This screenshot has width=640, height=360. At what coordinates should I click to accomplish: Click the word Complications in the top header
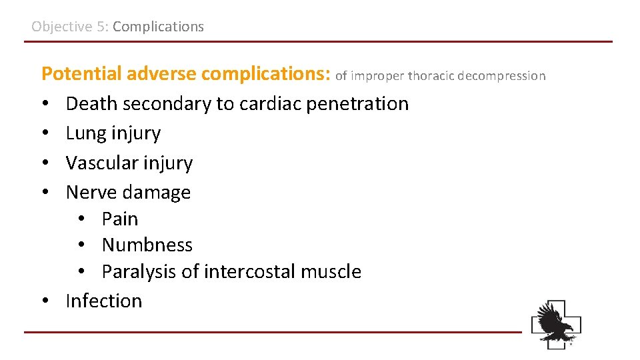pyautogui.click(x=158, y=27)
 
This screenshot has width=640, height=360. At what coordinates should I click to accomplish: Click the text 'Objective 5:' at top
pyautogui.click(x=70, y=27)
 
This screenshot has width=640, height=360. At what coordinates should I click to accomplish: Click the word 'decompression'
pyautogui.click(x=501, y=76)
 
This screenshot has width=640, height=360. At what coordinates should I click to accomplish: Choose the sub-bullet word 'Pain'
pyautogui.click(x=120, y=219)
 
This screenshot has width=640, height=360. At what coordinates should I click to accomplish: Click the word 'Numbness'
pyautogui.click(x=147, y=245)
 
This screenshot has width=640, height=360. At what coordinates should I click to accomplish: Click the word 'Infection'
pyautogui.click(x=104, y=301)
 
